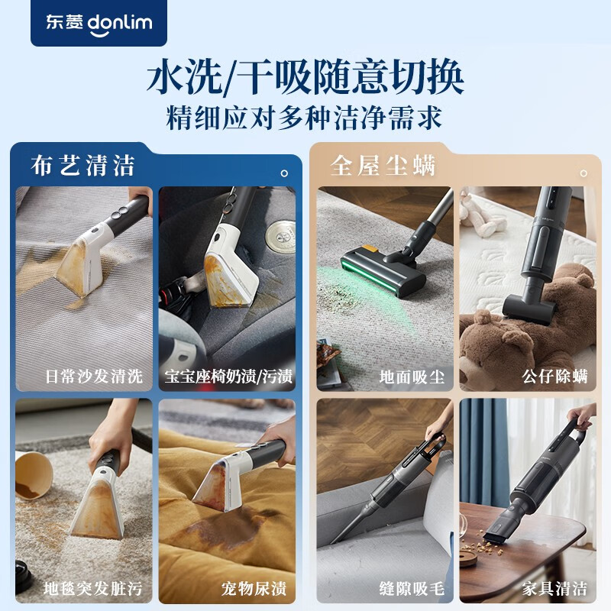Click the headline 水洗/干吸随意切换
[305, 79]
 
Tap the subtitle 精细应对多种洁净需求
[305, 118]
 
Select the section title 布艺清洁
[83, 165]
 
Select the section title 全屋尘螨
[383, 165]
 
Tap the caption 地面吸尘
[412, 377]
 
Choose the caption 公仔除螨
[555, 377]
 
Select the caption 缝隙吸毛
[412, 589]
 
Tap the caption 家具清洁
[555, 589]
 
